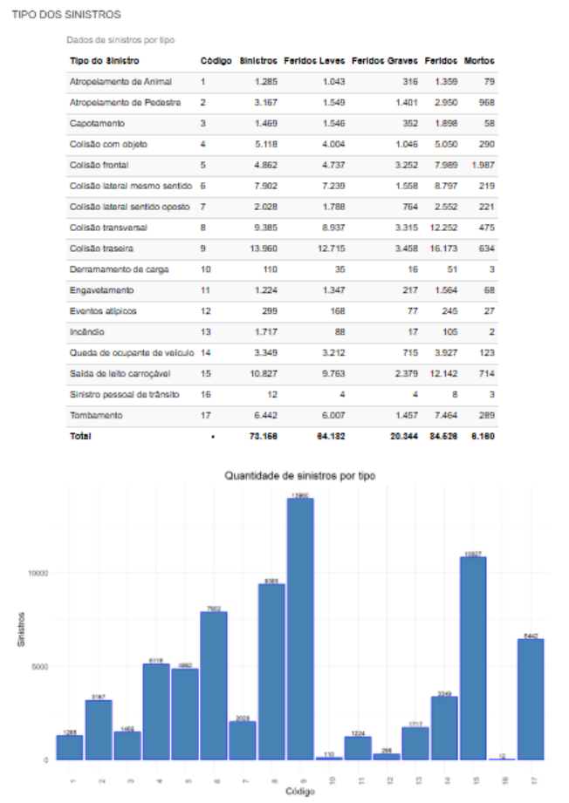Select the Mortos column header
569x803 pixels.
479,61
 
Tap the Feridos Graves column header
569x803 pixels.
384,61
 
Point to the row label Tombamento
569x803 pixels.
96,415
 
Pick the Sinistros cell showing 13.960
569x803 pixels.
262,248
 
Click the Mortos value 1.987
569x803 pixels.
482,165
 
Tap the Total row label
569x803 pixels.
80,436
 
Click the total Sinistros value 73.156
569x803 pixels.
262,436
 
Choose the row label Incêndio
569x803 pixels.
87,332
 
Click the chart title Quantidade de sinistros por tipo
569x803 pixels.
299,476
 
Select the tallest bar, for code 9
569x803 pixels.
299,628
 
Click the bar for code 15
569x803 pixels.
472,658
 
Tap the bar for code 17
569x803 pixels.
530,698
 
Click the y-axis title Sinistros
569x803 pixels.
20,629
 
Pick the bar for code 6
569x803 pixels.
213,685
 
